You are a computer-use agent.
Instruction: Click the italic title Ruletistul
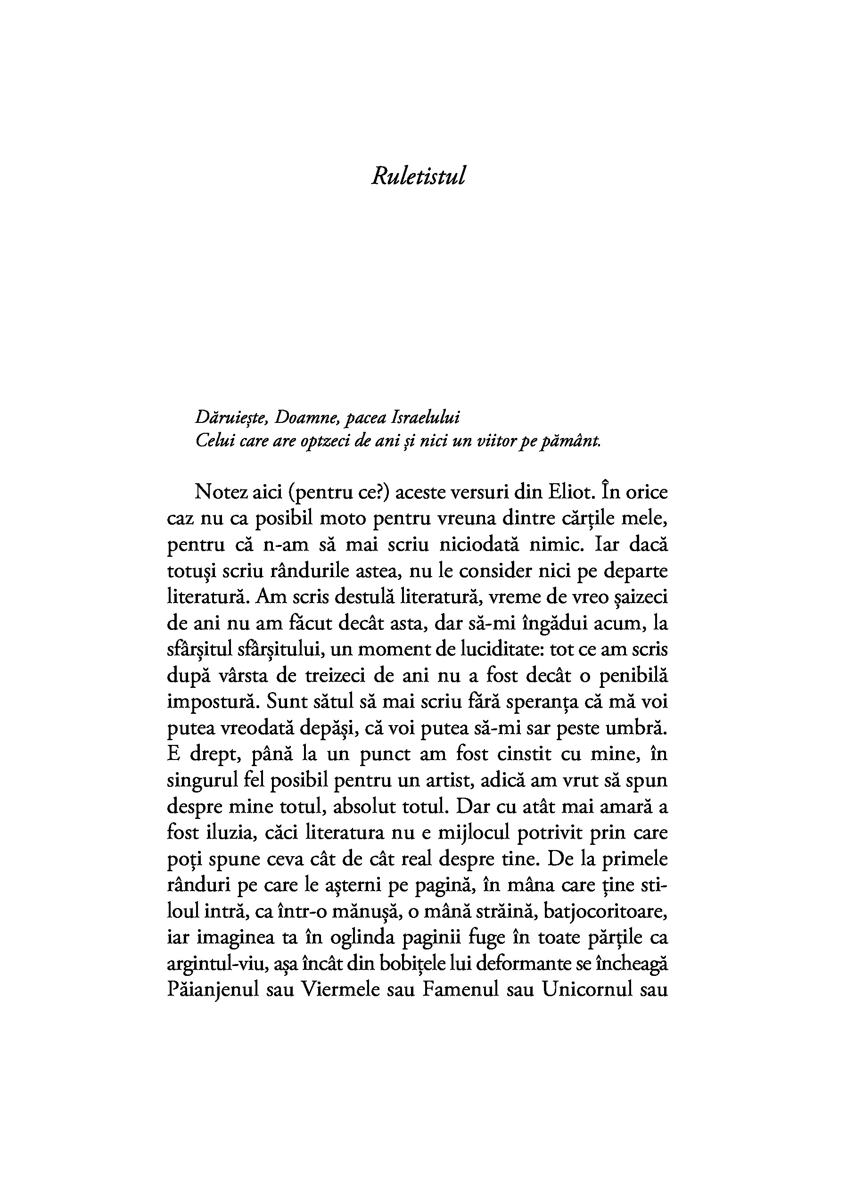coord(419,176)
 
